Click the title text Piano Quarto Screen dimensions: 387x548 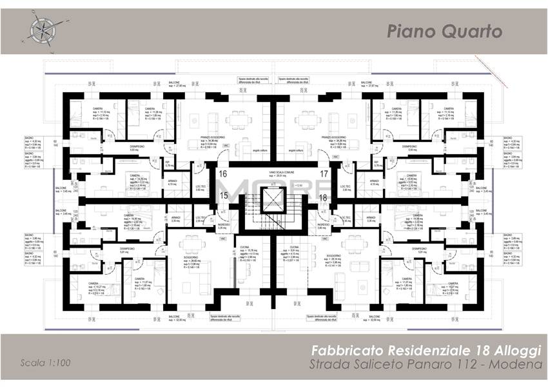click(x=445, y=32)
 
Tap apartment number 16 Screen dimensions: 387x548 click(x=223, y=174)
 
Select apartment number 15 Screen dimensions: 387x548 click(x=223, y=195)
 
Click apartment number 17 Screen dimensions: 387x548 click(x=324, y=174)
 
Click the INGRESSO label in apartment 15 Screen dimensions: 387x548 click(x=222, y=224)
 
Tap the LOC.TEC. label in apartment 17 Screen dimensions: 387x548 click(x=347, y=186)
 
